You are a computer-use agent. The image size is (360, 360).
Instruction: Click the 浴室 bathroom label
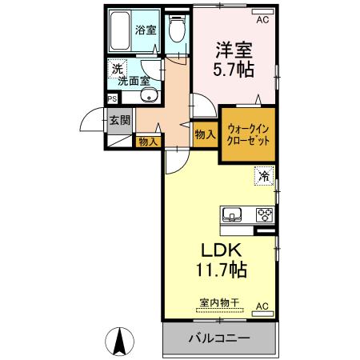(146, 30)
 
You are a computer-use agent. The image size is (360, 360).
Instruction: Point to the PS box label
(112, 98)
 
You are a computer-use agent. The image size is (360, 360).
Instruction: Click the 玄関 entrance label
(120, 122)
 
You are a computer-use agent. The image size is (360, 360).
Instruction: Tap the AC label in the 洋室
(263, 10)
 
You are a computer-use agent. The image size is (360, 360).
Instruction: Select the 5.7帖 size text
(233, 70)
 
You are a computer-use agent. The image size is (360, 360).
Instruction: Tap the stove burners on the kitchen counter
(263, 214)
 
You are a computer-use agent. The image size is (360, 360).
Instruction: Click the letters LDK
(212, 250)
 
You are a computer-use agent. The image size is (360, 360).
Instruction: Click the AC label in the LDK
(262, 306)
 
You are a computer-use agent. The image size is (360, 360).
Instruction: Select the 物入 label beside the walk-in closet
(205, 135)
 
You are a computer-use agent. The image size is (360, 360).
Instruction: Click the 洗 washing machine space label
(116, 68)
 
